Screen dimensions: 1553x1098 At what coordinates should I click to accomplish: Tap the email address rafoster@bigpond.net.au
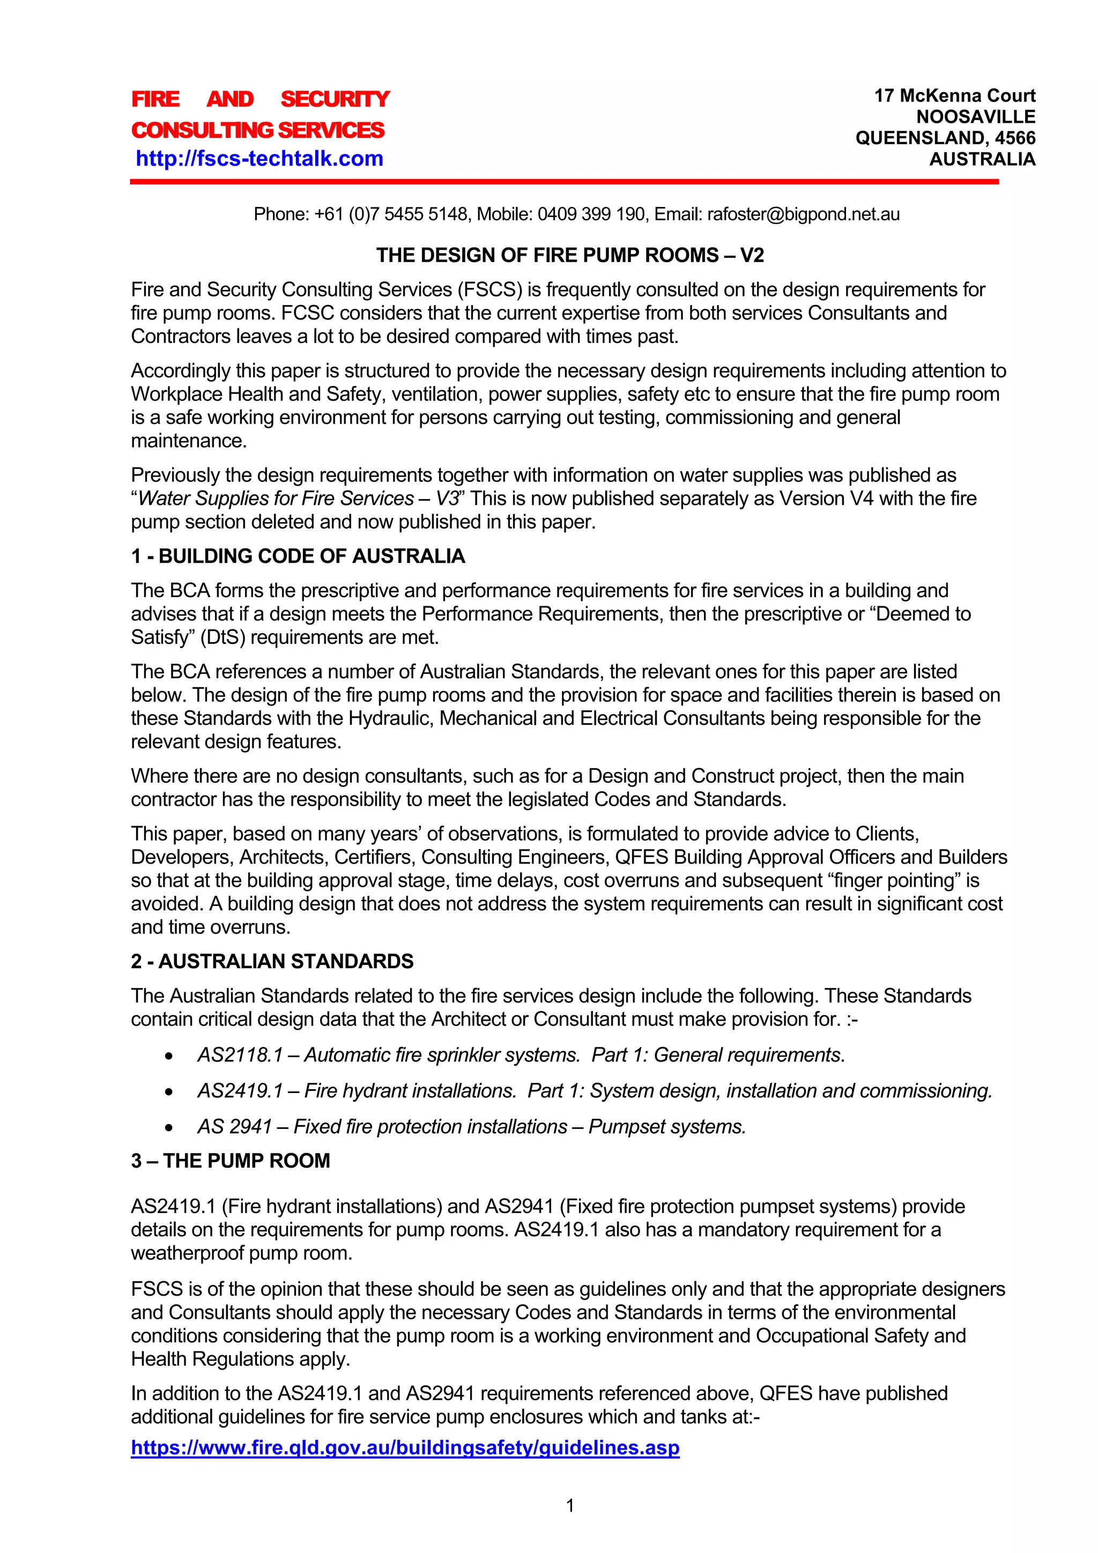click(803, 214)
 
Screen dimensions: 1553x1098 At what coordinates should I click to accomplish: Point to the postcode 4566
click(1015, 138)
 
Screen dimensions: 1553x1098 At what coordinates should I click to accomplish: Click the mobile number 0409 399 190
click(591, 214)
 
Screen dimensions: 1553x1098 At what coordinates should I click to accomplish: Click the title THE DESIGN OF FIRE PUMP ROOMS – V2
click(569, 255)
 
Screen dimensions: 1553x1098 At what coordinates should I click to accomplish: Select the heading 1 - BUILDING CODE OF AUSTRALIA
click(298, 556)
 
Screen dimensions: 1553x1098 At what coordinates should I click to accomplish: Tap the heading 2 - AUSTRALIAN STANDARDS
click(272, 961)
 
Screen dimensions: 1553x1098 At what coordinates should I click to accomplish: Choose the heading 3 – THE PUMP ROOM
click(230, 1161)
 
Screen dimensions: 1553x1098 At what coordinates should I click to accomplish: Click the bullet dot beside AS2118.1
click(168, 1057)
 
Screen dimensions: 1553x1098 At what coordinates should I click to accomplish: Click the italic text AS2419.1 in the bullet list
click(240, 1091)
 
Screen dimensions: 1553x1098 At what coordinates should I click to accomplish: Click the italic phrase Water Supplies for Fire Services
click(276, 499)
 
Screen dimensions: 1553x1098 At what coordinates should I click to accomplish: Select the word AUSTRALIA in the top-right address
click(982, 160)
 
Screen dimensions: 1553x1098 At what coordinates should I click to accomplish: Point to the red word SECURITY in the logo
click(335, 99)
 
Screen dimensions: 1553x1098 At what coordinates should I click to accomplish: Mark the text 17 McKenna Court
click(954, 95)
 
